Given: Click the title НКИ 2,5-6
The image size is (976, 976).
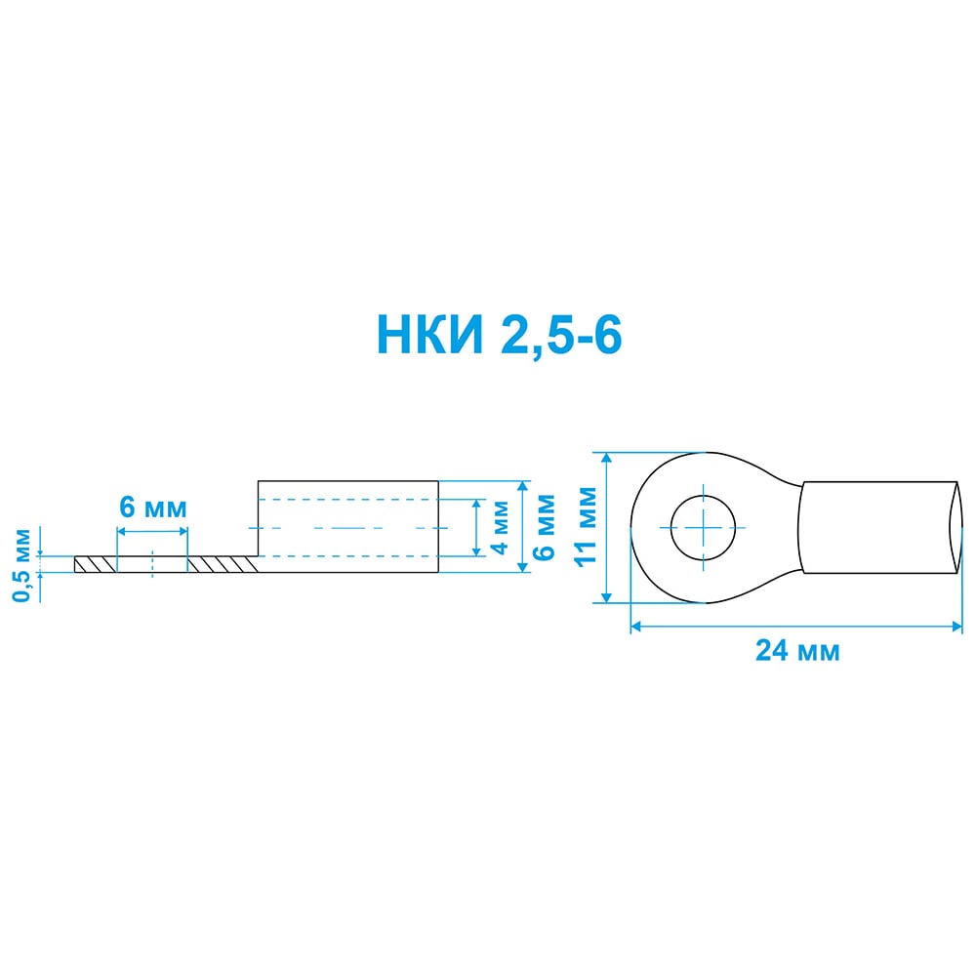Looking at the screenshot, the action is [499, 336].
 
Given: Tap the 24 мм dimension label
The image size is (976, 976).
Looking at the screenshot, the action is [797, 650].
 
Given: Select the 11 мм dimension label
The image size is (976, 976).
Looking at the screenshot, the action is [586, 526].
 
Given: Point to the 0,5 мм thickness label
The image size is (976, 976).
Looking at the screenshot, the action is [21, 565].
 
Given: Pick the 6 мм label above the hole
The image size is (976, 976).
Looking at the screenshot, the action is [153, 508].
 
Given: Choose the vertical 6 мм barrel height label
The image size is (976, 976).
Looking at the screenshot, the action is [545, 527].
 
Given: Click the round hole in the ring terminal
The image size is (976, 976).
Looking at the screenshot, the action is [704, 528].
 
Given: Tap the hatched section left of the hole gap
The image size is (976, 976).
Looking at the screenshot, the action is [96, 564].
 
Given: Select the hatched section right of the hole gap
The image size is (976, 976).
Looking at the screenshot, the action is [223, 564].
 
